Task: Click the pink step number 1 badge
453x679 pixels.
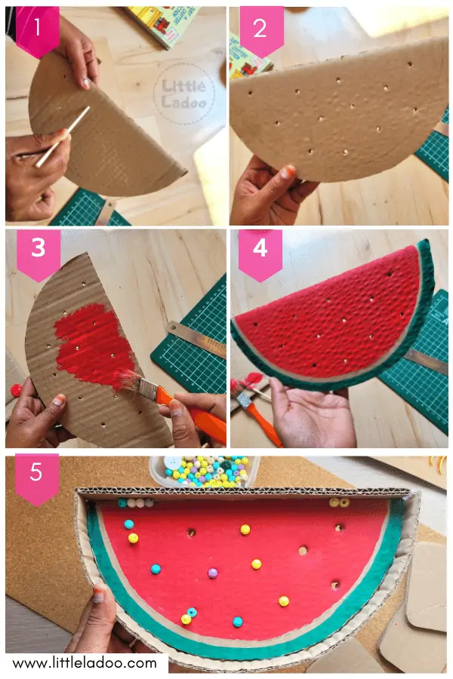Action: point(37,29)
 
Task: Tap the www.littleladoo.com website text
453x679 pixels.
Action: point(85,663)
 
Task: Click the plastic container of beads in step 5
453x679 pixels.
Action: point(200,472)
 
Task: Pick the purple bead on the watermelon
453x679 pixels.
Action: point(213,573)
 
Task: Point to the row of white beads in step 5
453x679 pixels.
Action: point(136,502)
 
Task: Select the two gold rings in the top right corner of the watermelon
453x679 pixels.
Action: point(339,502)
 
